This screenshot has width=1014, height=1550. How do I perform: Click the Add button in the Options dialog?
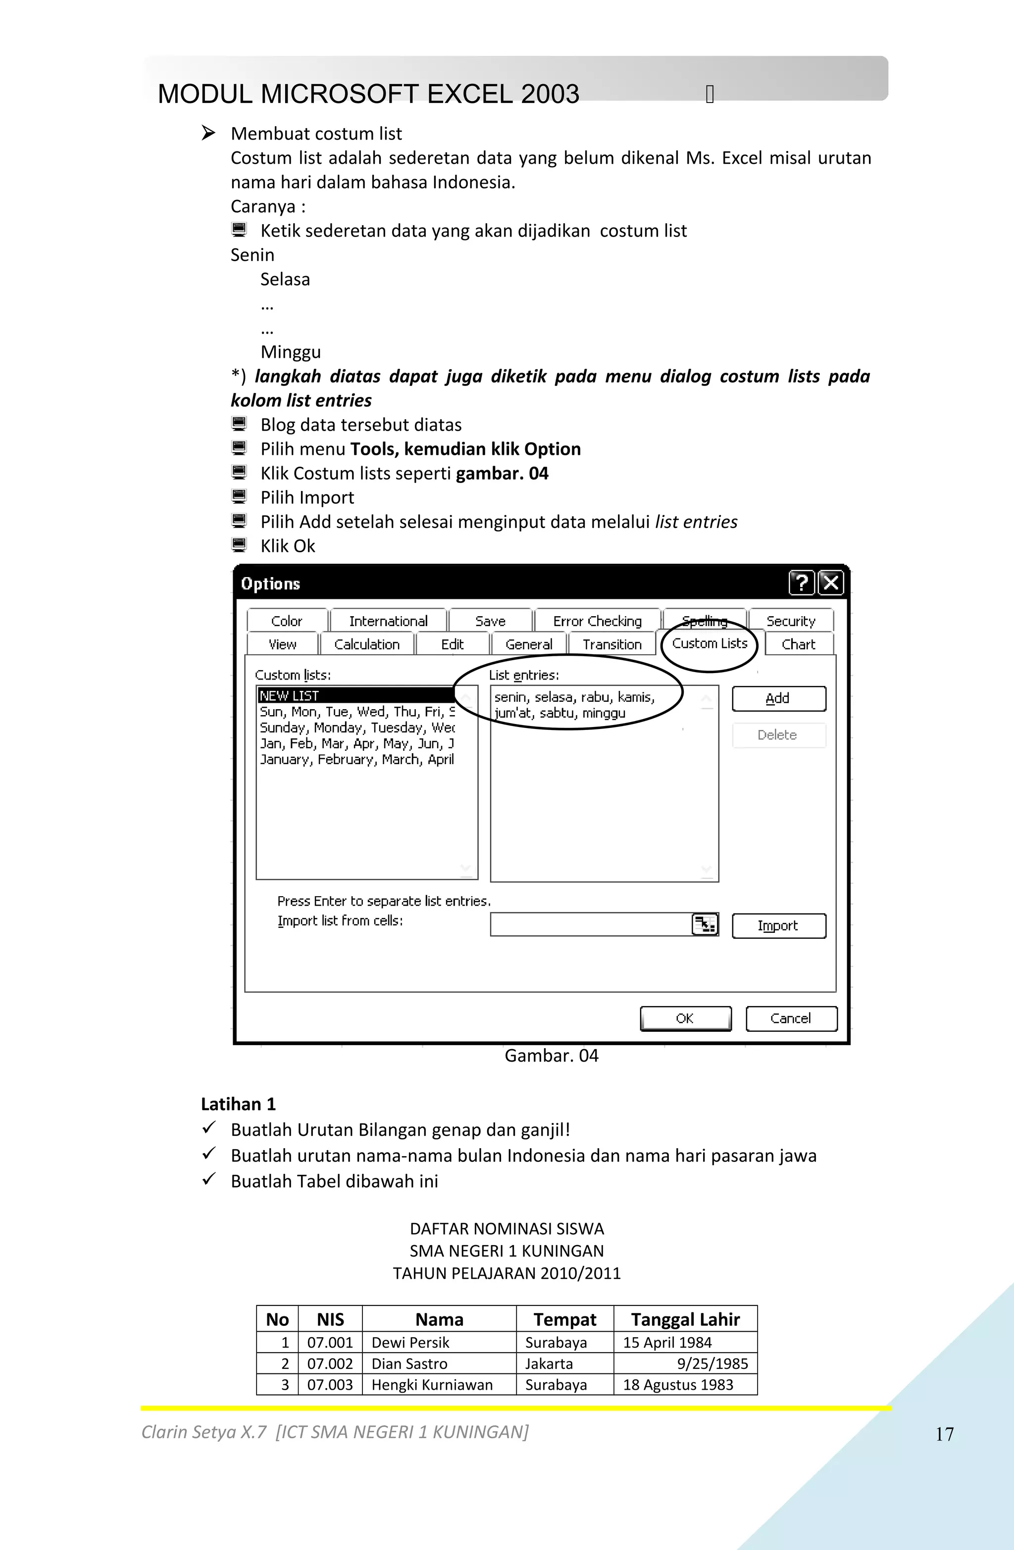(778, 699)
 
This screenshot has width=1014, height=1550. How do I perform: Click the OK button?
(685, 1018)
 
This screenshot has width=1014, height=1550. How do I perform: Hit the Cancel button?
(791, 1018)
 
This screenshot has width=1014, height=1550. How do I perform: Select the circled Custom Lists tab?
(709, 643)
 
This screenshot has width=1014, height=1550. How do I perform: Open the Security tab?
(791, 621)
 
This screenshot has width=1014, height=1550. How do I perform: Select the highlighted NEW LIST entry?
(355, 695)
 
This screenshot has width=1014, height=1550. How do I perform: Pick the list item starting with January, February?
(356, 759)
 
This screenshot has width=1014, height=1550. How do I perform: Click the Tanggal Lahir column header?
(685, 1319)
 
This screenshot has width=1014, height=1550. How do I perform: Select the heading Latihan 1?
(238, 1104)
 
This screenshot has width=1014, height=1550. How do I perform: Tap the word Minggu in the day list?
(291, 352)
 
